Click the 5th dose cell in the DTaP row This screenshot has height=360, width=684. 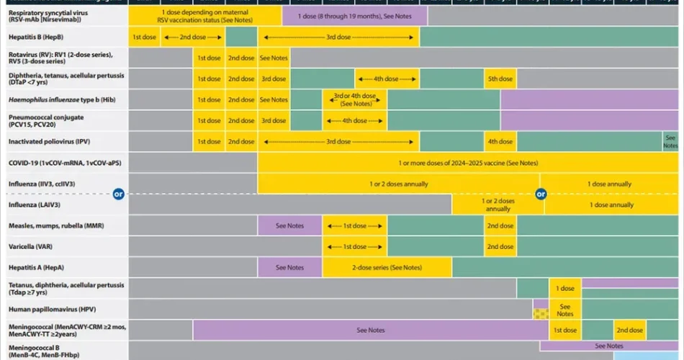500,79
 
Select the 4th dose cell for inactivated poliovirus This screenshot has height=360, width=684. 500,142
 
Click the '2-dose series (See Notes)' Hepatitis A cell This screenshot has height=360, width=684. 387,267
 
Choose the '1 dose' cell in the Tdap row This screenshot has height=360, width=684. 565,288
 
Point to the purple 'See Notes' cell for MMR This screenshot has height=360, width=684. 290,226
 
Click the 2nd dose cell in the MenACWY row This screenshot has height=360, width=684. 629,330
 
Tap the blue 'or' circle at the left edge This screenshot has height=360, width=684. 120,193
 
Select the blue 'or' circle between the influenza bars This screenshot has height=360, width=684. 541,193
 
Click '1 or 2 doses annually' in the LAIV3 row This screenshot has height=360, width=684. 498,204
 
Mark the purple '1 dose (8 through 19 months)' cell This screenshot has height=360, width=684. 354,16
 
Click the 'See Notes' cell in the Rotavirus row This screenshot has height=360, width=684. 274,58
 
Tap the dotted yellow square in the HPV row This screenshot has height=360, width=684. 541,313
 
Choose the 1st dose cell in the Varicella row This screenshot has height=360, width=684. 354,246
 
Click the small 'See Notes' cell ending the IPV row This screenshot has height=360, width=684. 671,142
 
